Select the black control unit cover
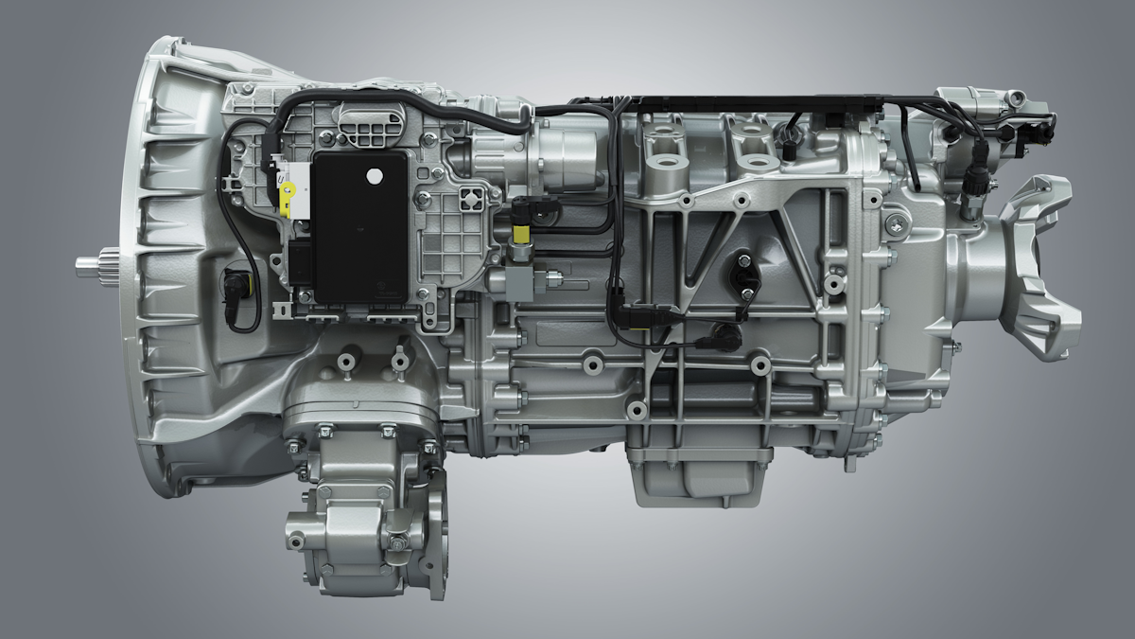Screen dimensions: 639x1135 [x=359, y=227]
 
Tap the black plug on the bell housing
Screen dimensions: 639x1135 [x=234, y=284]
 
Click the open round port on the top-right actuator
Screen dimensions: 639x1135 [x=1015, y=98]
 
